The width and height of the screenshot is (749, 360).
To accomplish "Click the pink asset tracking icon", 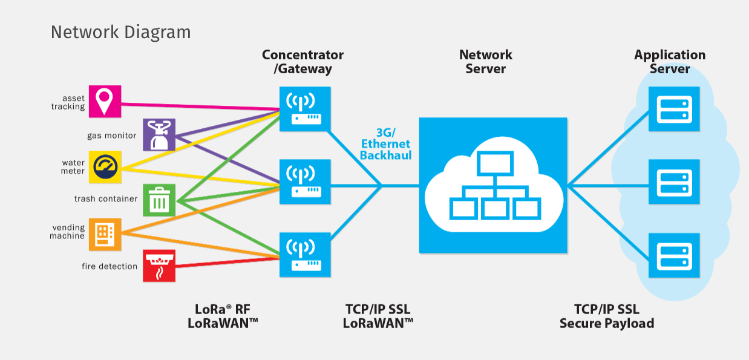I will tap(105, 101).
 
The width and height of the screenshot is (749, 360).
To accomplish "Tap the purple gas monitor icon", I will tap(159, 134).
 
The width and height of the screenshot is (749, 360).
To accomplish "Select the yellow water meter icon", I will tap(105, 167).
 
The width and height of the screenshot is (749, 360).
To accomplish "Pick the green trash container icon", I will tap(159, 200).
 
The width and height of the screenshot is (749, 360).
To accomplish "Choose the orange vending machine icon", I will tap(105, 234).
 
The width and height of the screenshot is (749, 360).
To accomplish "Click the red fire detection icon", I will tap(159, 266).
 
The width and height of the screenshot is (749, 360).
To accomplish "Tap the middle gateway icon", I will tap(306, 181).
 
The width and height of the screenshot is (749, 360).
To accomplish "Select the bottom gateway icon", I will tap(306, 254).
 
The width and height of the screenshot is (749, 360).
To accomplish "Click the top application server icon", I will tap(674, 109).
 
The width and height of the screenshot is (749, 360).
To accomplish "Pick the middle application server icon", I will tap(674, 182).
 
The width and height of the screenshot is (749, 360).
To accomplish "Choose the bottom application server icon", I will tap(674, 255).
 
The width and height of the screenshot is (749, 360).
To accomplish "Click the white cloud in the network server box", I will tap(493, 188).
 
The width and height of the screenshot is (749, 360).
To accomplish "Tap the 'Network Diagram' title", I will tap(120, 32).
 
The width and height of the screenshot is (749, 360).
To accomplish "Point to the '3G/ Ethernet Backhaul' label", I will tap(385, 144).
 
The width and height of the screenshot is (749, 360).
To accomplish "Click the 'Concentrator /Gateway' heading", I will tap(303, 62).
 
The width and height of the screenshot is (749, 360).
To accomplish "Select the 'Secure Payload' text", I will tap(607, 323).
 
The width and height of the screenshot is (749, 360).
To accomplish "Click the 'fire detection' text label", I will tap(110, 266).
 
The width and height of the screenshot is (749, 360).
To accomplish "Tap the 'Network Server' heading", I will tap(486, 62).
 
